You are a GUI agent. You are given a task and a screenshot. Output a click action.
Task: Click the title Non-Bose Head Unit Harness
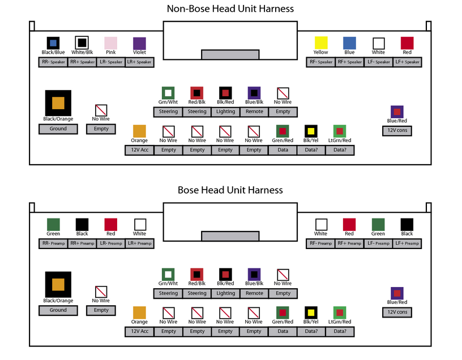click(230, 9)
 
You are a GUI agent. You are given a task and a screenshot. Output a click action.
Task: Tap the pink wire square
click(110, 43)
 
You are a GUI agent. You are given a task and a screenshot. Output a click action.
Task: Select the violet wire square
click(139, 43)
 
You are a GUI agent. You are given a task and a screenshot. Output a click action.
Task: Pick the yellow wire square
click(321, 43)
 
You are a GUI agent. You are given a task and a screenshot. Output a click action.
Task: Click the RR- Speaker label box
click(53, 62)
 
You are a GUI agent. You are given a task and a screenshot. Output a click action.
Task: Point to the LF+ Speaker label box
click(407, 62)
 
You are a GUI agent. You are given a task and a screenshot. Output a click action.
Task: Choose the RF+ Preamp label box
click(349, 243)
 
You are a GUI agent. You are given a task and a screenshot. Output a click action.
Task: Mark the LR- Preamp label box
click(110, 243)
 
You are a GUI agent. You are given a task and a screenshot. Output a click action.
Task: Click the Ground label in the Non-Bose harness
click(58, 129)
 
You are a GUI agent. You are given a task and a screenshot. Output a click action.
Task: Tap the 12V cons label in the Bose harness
click(397, 312)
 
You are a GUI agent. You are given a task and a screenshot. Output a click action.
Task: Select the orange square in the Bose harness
click(139, 312)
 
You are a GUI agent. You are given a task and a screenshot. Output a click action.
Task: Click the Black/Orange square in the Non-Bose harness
click(58, 103)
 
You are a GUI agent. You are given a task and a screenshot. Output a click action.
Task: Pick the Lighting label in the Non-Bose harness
click(225, 112)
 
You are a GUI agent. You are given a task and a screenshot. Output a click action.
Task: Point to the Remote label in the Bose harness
click(254, 293)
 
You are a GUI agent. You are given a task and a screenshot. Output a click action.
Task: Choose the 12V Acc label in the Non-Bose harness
click(139, 150)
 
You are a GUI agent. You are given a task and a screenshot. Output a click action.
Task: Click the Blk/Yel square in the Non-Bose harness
click(311, 131)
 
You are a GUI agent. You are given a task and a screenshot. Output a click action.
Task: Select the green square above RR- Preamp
click(53, 224)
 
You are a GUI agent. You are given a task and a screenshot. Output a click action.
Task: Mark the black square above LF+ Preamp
click(407, 224)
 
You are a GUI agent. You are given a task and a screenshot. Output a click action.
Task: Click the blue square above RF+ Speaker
click(349, 43)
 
